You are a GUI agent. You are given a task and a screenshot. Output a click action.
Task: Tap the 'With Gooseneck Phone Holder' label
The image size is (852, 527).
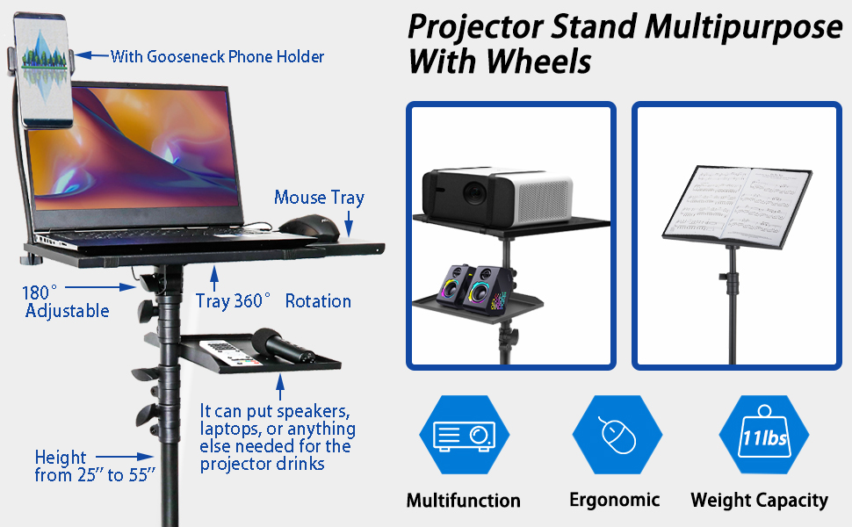217,57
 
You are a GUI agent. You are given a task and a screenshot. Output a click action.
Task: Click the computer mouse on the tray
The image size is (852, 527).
309,226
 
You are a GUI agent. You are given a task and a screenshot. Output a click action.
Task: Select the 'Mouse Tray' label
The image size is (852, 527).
319,198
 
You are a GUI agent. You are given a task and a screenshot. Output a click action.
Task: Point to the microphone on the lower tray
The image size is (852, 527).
284,346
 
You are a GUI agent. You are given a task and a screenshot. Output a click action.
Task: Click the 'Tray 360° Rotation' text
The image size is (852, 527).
273,301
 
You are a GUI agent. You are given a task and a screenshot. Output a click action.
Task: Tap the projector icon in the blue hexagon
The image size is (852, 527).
464,435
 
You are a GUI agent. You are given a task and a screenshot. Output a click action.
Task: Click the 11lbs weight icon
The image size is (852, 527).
763,435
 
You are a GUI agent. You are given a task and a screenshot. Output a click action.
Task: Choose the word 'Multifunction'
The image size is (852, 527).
463,501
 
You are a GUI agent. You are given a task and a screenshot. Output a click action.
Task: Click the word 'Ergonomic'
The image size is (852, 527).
614,500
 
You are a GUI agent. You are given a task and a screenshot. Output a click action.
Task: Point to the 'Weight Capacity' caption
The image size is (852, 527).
759,501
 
